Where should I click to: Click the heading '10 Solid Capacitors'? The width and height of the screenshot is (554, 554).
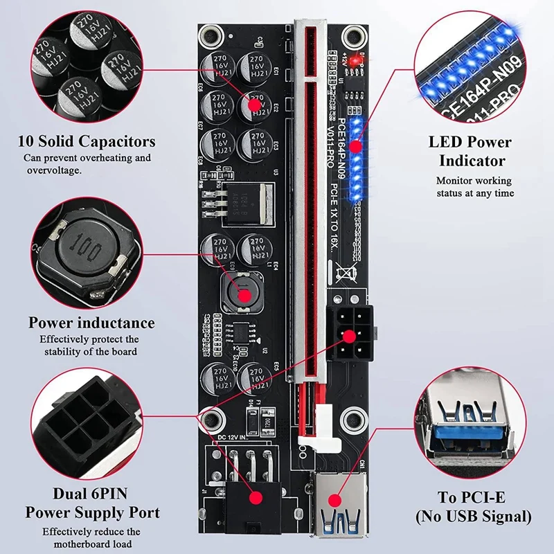click(87, 142)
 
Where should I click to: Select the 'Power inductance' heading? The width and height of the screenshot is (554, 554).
click(91, 323)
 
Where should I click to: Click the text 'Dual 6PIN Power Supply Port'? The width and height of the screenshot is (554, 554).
click(92, 503)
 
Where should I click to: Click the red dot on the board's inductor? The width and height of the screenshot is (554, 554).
click(244, 295)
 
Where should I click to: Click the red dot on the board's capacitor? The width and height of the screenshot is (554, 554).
click(255, 105)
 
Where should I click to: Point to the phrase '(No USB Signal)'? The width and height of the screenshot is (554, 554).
click(473, 516)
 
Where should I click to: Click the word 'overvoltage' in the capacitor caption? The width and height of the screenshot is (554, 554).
click(54, 170)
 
